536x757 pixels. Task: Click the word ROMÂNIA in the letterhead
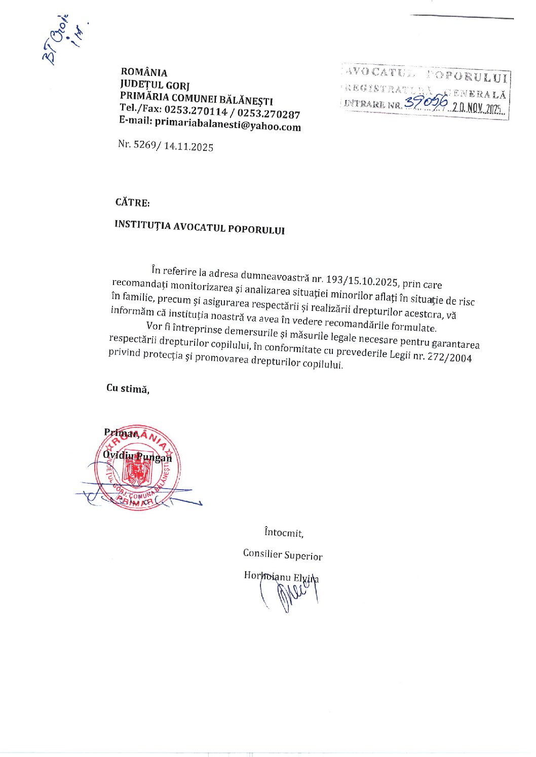click(x=144, y=72)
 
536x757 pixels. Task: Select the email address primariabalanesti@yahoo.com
click(x=227, y=124)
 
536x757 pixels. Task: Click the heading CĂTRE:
click(x=132, y=203)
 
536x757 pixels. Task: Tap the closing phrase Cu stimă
click(x=128, y=389)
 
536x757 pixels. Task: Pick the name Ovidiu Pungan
click(x=137, y=456)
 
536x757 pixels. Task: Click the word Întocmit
click(x=284, y=533)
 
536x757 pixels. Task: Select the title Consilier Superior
click(x=283, y=555)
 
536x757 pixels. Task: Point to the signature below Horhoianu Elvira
click(x=291, y=595)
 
